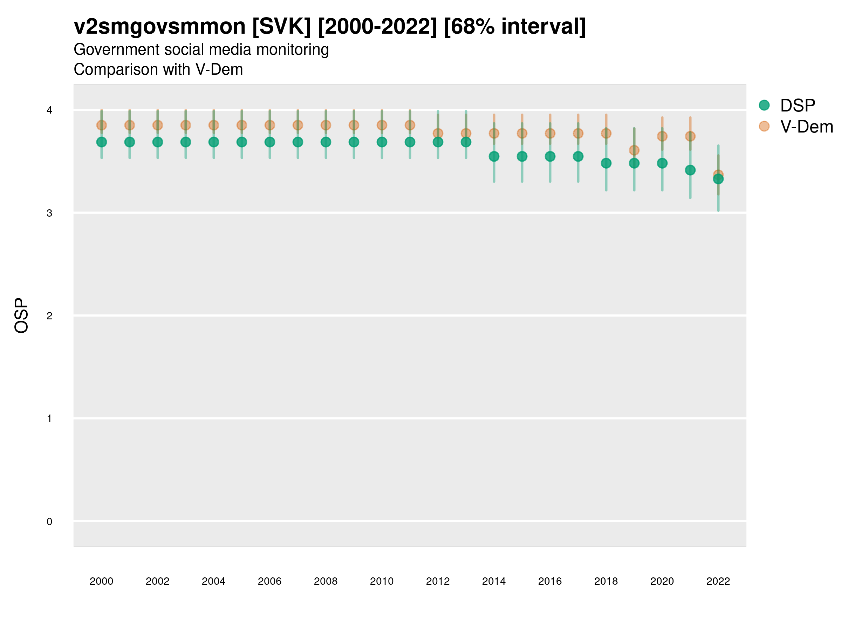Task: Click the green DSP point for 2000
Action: click(102, 142)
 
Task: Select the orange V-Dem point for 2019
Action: click(634, 151)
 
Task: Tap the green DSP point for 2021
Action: click(690, 170)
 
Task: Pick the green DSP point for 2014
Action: click(494, 156)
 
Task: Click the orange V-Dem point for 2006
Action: click(270, 125)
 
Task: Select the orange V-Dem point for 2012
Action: click(438, 134)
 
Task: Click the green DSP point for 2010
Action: click(382, 142)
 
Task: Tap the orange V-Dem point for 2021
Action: click(690, 136)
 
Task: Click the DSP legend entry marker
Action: click(764, 106)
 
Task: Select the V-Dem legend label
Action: click(806, 127)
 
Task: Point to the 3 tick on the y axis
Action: click(49, 213)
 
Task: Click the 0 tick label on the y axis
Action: click(49, 522)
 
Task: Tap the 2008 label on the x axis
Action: click(326, 581)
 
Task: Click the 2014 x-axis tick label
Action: click(494, 581)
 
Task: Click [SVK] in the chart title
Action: click(281, 27)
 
